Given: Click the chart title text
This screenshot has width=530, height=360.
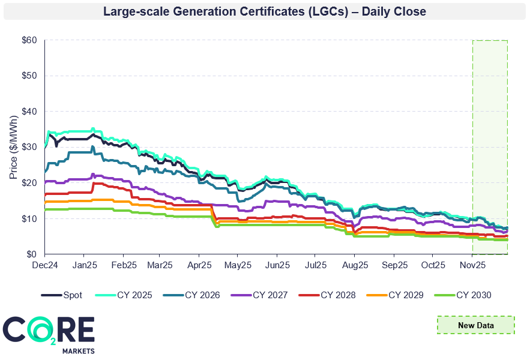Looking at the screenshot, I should point(265,11).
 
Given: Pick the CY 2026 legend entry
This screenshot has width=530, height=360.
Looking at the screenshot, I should point(197,295).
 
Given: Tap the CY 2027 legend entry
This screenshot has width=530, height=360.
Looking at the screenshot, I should point(265,295).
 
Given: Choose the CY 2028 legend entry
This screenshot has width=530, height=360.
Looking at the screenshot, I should point(333,295).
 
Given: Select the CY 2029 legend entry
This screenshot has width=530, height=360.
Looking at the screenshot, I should point(400,295).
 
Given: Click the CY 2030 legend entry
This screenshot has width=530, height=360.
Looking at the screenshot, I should point(468,295).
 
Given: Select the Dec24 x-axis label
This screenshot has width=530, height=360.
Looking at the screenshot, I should point(45,264).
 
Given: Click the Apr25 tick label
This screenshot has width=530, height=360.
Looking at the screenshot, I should point(199,264).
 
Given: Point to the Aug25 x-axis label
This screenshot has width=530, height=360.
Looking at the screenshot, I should point(354,264).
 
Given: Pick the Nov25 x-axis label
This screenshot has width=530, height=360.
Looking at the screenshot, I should point(472,264).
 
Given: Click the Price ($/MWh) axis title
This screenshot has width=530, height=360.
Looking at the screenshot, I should point(14,148).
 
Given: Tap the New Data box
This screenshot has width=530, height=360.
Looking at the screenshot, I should point(475,325).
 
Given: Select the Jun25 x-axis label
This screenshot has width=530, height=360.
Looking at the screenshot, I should point(277,264).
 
